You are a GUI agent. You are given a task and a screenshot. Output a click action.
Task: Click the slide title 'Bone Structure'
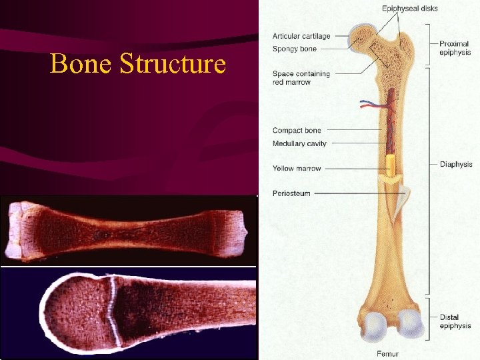coord(138,65)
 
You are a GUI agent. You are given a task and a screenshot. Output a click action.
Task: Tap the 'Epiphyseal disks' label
coord(409,9)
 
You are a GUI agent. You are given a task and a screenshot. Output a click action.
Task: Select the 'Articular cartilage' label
coord(301,36)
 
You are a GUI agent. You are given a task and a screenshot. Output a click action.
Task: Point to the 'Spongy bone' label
coord(294,49)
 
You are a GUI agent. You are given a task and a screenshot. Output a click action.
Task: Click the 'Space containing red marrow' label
coord(301,77)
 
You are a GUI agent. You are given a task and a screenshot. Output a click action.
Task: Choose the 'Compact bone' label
coord(297,131)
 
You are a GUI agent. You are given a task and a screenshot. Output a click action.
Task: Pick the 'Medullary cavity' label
coord(299,143)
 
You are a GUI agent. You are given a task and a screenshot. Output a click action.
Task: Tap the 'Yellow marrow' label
coord(297,169)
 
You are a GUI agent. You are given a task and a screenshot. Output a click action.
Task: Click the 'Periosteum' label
coord(291,194)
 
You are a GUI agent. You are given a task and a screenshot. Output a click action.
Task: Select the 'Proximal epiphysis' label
coord(454,48)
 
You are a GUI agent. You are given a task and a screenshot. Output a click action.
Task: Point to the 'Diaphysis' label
coord(456,164)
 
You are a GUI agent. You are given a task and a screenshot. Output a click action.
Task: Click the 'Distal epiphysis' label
coord(455,321)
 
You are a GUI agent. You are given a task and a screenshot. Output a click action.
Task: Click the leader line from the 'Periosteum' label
coord(353,194)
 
